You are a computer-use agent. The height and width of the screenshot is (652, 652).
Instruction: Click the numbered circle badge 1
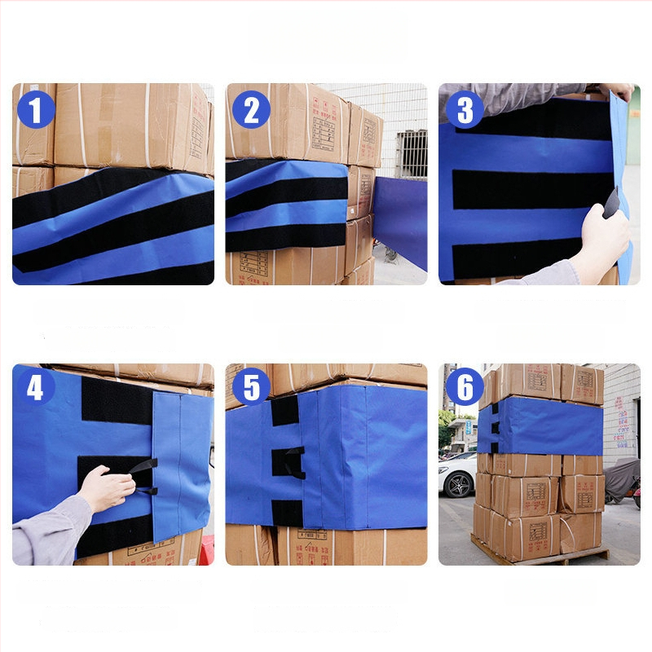click(x=36, y=110)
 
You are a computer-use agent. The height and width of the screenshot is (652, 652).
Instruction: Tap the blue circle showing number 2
click(x=250, y=110)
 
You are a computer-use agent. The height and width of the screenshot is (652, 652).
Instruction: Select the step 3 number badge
click(x=465, y=110)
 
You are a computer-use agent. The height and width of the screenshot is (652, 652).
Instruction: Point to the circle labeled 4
click(x=36, y=389)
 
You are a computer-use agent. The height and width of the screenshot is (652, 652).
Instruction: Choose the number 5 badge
click(x=250, y=389)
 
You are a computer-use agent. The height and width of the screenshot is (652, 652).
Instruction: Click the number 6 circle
click(x=465, y=389)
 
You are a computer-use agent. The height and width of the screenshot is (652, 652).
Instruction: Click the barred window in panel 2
click(x=411, y=153)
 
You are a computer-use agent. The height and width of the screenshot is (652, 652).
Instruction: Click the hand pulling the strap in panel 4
click(x=106, y=488)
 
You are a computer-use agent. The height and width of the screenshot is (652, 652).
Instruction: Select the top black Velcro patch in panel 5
click(x=284, y=411)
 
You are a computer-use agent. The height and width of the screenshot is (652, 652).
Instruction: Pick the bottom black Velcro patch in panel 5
click(x=286, y=513)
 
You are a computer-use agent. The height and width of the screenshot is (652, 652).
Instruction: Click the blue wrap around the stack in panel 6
click(x=542, y=425)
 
